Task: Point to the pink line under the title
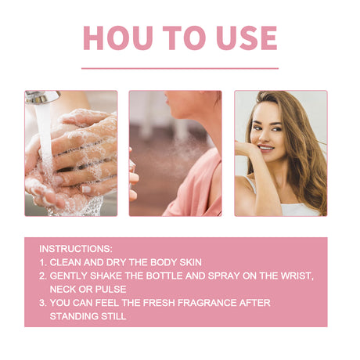pyautogui.click(x=180, y=68)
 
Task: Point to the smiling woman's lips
pyautogui.click(x=266, y=147)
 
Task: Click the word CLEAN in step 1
pyautogui.click(x=66, y=261)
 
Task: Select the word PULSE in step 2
pyautogui.click(x=109, y=289)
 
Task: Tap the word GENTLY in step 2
pyautogui.click(x=70, y=275)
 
